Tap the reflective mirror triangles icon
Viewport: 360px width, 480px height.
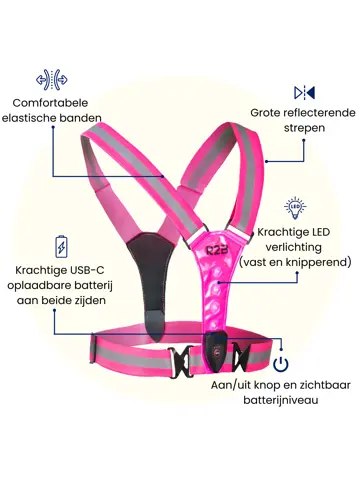(305, 93)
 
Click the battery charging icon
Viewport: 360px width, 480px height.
(62, 246)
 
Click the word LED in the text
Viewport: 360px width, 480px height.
(319, 232)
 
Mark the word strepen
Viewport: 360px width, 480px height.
(294, 128)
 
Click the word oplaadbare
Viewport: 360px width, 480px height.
(44, 286)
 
